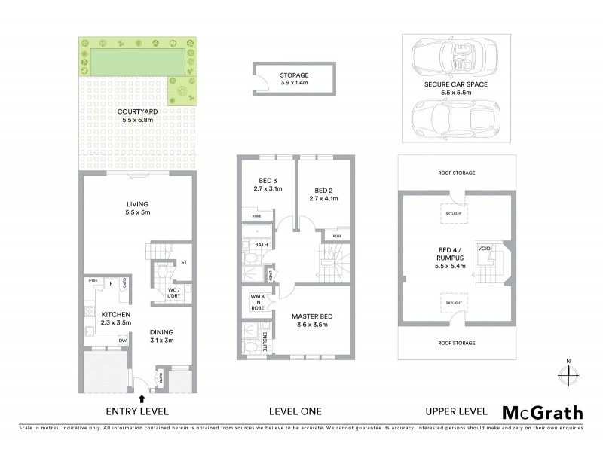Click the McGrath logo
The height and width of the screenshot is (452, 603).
pos(542,412)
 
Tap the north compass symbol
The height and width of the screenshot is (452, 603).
pos(569,371)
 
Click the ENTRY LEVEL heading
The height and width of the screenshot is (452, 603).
pos(137,411)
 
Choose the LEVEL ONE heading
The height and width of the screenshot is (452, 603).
pos(295,411)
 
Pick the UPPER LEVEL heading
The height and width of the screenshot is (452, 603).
pos(456,411)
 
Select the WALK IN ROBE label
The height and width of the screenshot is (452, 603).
pos(256,302)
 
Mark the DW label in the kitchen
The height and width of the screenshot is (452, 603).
pos(122,340)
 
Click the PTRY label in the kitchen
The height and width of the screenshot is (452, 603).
pos(93,282)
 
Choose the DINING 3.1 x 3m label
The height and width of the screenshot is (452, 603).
pos(161,336)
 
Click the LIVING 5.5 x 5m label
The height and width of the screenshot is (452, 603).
pos(137,208)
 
